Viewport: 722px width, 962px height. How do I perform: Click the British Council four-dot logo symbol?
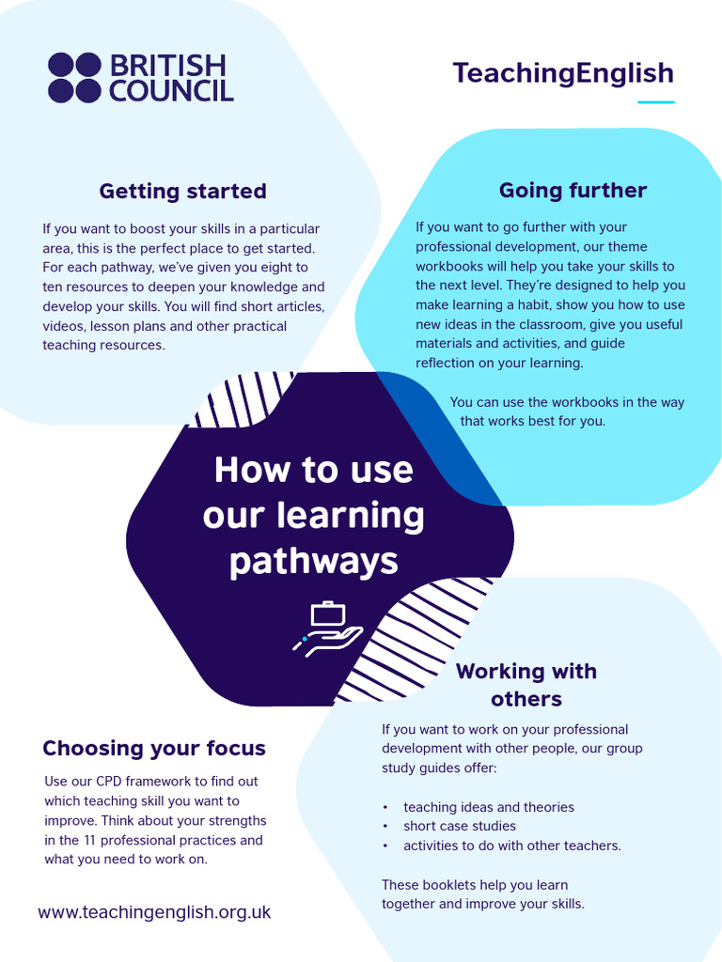(x=74, y=77)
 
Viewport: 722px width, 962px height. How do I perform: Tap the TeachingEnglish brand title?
(x=563, y=73)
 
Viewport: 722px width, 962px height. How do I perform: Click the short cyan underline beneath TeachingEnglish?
(x=655, y=101)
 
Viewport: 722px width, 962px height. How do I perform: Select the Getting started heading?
(x=183, y=191)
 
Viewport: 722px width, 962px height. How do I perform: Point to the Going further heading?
(x=573, y=190)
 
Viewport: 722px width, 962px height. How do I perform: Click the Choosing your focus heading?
(x=154, y=749)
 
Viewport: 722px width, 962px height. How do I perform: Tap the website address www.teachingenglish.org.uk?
(x=154, y=912)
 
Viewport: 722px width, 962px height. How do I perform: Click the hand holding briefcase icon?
(x=328, y=628)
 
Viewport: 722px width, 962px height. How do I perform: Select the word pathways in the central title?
(x=314, y=562)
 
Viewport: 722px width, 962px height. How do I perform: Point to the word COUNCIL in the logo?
(x=172, y=91)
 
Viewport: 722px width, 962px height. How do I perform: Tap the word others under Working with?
(x=526, y=699)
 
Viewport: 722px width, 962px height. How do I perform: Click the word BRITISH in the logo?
(x=168, y=65)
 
